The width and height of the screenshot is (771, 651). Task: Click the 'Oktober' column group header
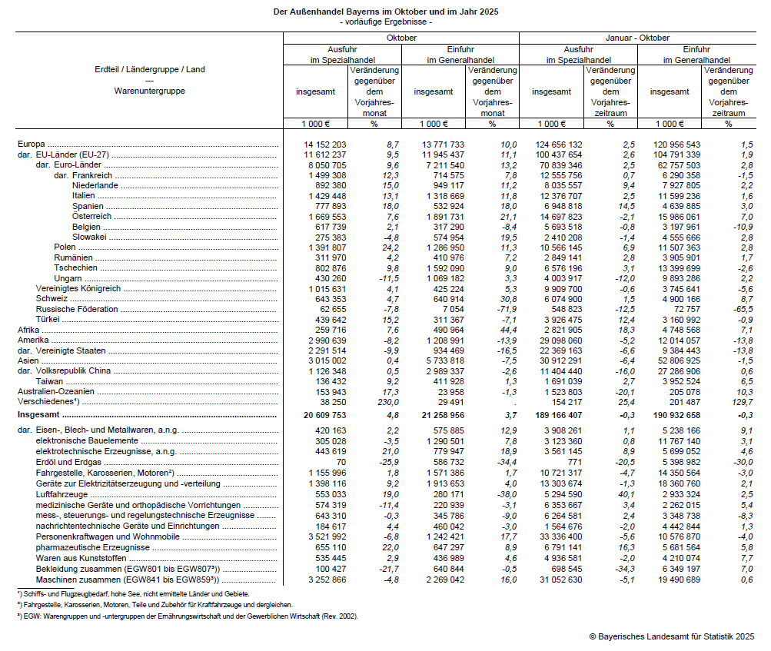[401, 38]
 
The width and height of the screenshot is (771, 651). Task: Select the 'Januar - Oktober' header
[637, 38]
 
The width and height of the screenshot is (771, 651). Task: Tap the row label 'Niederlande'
[95, 185]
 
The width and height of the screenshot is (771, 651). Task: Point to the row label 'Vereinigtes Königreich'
[78, 288]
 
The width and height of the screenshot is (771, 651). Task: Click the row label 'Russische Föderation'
[76, 309]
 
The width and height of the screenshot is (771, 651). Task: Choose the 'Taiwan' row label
[50, 380]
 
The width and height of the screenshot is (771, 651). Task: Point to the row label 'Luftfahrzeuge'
[61, 495]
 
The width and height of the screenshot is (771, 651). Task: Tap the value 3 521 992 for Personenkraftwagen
[325, 536]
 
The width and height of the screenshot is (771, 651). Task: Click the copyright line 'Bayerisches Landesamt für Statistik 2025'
[671, 636]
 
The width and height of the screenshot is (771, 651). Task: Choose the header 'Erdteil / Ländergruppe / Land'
[149, 70]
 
